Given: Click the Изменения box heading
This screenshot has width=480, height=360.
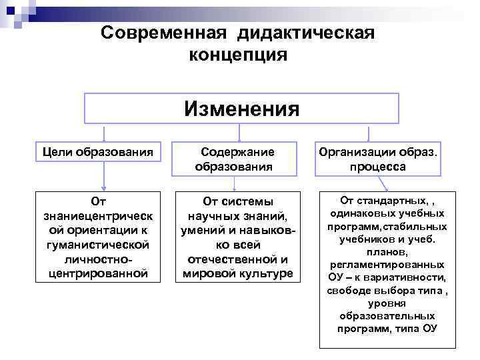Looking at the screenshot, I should point(242,108).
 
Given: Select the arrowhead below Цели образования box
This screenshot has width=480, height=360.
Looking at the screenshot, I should point(103,188).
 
